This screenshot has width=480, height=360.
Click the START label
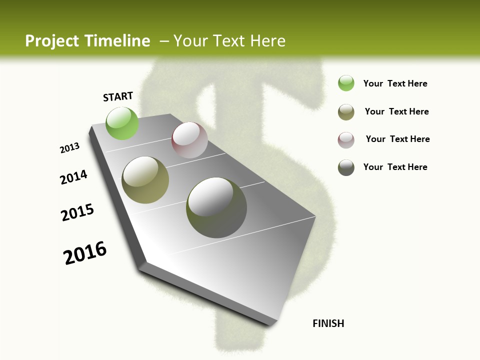tap(118, 96)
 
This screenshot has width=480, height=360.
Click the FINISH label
tap(328, 323)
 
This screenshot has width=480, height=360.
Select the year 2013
tap(70, 148)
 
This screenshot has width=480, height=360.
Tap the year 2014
tap(74, 177)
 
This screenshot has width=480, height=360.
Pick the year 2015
tap(77, 212)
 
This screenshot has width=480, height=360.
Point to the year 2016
tap(85, 253)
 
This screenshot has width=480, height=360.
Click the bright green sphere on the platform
tap(122, 123)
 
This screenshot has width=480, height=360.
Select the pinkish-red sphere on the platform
tap(189, 140)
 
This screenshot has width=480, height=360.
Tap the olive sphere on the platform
tap(145, 180)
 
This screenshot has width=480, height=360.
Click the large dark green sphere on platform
tap(216, 207)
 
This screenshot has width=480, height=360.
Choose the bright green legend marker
tap(346, 83)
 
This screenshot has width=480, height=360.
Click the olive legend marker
tap(346, 112)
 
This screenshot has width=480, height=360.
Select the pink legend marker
tap(346, 140)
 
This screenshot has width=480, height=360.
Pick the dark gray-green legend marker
tap(346, 167)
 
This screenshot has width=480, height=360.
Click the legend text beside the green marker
tap(395, 83)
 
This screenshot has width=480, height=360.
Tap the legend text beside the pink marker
tap(397, 139)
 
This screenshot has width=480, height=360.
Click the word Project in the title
tap(52, 41)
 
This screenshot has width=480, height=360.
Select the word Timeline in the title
tap(118, 41)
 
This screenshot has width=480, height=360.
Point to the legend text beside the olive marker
tap(396, 111)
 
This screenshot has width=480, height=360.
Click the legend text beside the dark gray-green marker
tap(395, 167)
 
